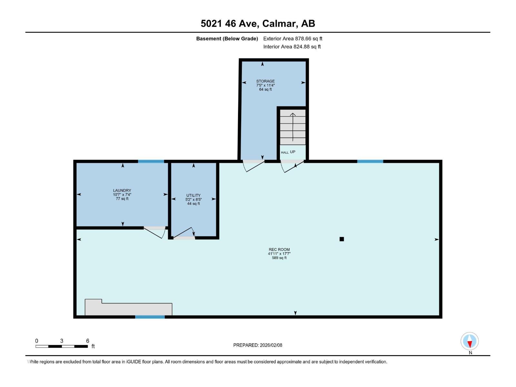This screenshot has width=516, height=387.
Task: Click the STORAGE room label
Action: click(x=265, y=81)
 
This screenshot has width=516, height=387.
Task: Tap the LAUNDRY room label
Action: click(x=122, y=191)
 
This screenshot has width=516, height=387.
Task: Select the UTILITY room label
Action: click(x=193, y=195)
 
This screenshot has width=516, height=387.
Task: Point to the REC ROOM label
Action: click(x=279, y=250)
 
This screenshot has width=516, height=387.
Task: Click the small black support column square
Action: click(x=342, y=239)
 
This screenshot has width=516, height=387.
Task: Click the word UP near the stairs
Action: click(x=293, y=152)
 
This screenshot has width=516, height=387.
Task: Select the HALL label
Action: click(x=284, y=153)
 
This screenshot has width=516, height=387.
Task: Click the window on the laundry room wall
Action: click(x=151, y=161)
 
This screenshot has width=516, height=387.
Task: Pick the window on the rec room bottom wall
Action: click(x=150, y=317)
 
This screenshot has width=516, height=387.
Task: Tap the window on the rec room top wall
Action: click(x=370, y=161)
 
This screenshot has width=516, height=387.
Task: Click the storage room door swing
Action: click(x=254, y=165)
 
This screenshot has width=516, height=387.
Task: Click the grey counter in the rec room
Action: click(x=128, y=309)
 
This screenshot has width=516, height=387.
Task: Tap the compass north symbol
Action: click(x=470, y=342)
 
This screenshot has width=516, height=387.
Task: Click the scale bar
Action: click(x=62, y=346)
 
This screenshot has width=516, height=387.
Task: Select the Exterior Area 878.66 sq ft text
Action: click(x=293, y=39)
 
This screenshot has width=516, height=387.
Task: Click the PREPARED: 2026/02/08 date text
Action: click(x=258, y=345)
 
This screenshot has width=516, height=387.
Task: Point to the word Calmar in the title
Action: click(x=279, y=24)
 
